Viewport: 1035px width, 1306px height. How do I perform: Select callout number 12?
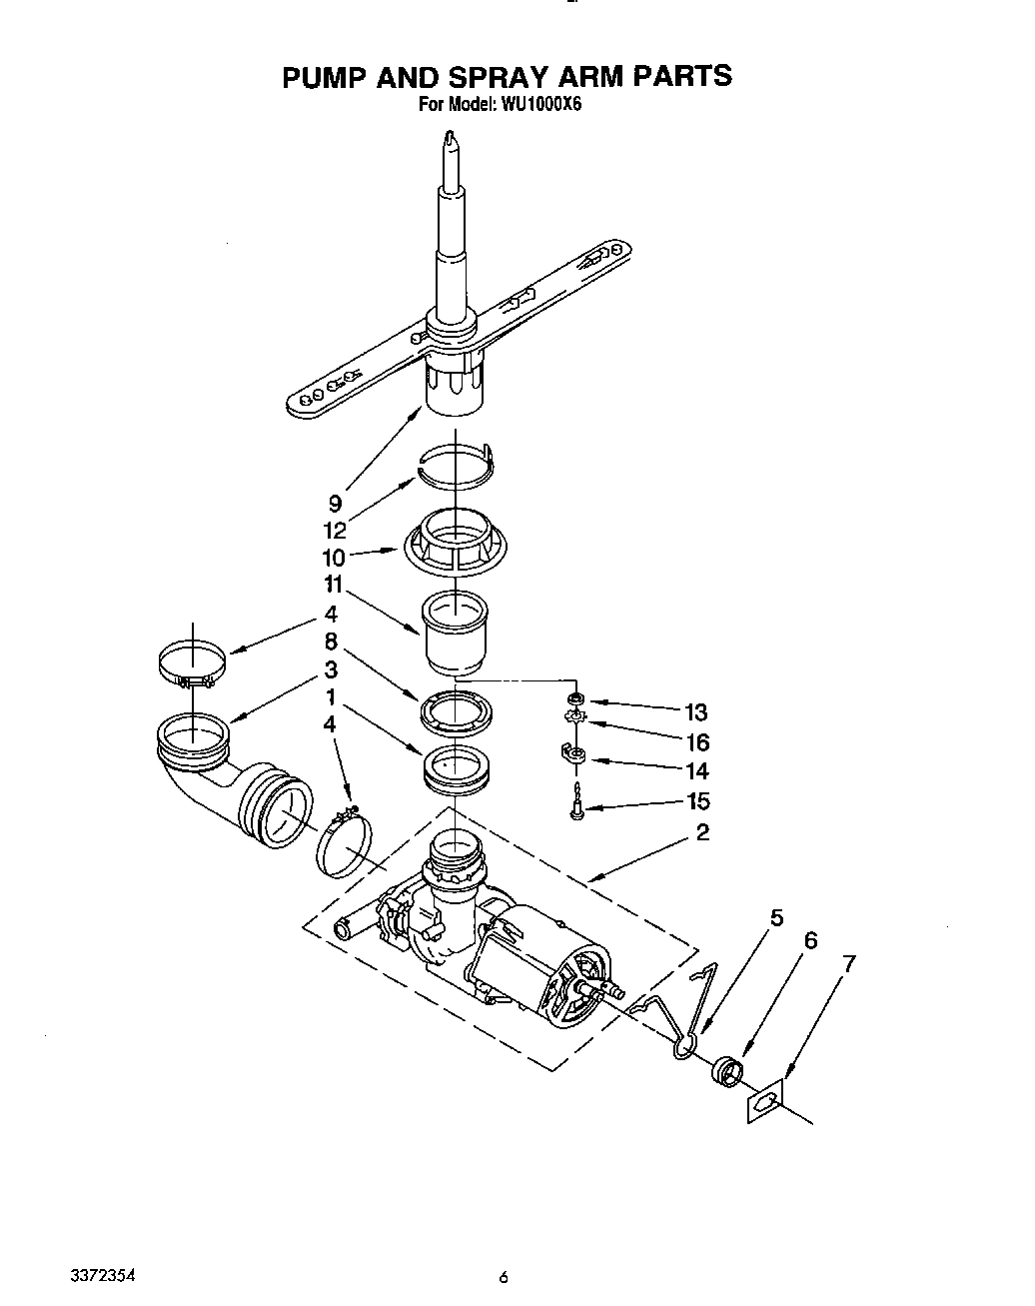[335, 531]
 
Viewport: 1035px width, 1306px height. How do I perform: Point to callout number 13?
[696, 712]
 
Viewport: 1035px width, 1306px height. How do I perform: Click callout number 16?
[696, 742]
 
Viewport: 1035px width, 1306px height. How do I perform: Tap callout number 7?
[850, 965]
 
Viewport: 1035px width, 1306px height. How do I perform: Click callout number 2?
[702, 832]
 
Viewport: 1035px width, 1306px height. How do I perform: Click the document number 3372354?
[103, 1277]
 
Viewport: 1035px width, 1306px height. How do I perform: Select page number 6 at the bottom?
[505, 1277]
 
